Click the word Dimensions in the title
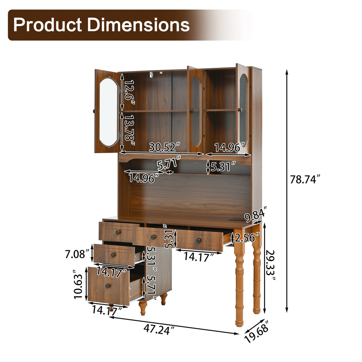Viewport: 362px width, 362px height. pos(139,25)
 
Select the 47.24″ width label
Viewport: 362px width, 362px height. pos(159,329)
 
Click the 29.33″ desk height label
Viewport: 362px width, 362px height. pos(270,265)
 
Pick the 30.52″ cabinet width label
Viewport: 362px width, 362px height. pos(164,147)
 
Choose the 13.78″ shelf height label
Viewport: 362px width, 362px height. pos(129,131)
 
